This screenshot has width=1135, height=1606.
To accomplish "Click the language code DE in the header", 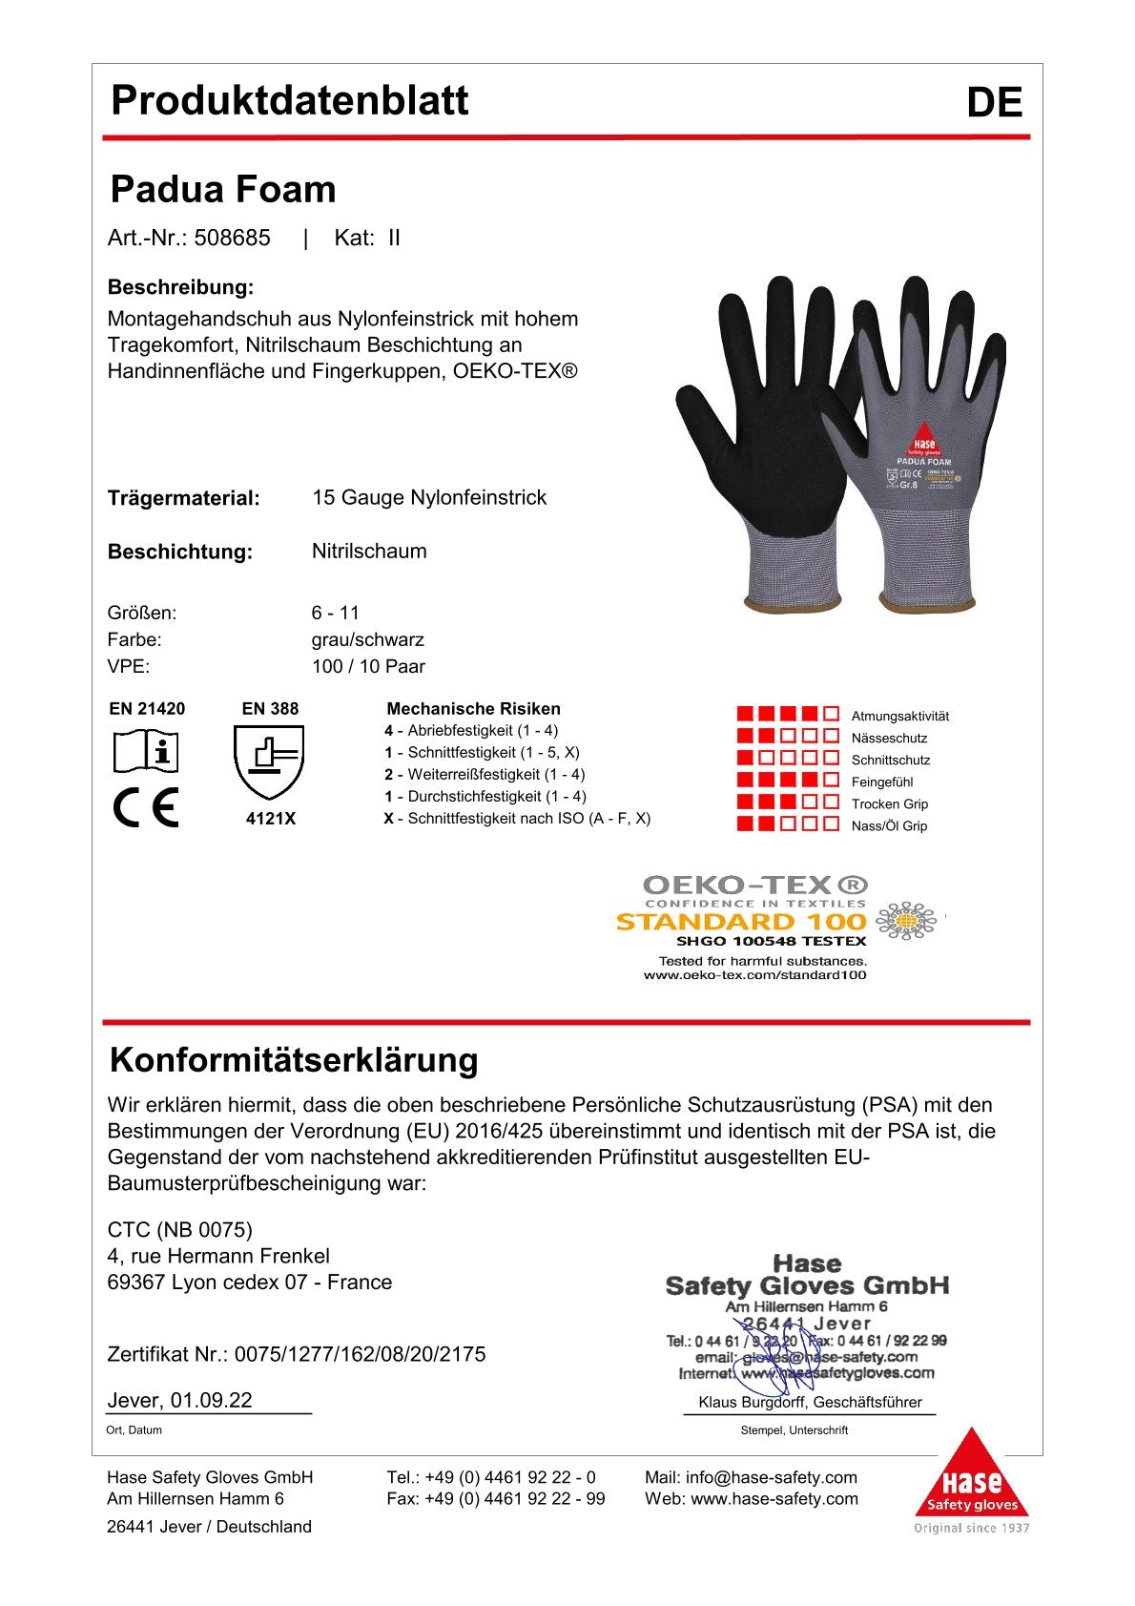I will pyautogui.click(x=994, y=103).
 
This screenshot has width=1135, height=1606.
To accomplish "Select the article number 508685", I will pyautogui.click(x=233, y=238).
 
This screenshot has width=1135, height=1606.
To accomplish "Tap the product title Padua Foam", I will pyautogui.click(x=223, y=189).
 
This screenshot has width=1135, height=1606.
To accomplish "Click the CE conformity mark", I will pyautogui.click(x=145, y=808).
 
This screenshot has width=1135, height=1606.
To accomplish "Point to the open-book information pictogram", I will pyautogui.click(x=146, y=752).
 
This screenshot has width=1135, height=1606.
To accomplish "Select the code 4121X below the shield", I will pyautogui.click(x=271, y=819).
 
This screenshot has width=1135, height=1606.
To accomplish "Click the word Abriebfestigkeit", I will pyautogui.click(x=462, y=731).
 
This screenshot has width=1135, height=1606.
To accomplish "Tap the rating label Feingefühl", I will pyautogui.click(x=882, y=782).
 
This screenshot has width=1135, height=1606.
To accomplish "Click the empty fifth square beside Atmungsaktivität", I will pyautogui.click(x=832, y=714).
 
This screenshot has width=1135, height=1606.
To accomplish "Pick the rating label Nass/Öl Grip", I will pyautogui.click(x=889, y=825).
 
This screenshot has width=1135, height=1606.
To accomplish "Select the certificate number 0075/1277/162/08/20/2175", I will pyautogui.click(x=361, y=1354).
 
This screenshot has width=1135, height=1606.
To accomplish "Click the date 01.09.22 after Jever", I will pyautogui.click(x=212, y=1400).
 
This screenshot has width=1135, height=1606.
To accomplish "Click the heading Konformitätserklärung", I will pyautogui.click(x=295, y=1060).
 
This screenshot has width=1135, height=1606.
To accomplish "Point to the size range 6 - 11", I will pyautogui.click(x=336, y=613).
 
